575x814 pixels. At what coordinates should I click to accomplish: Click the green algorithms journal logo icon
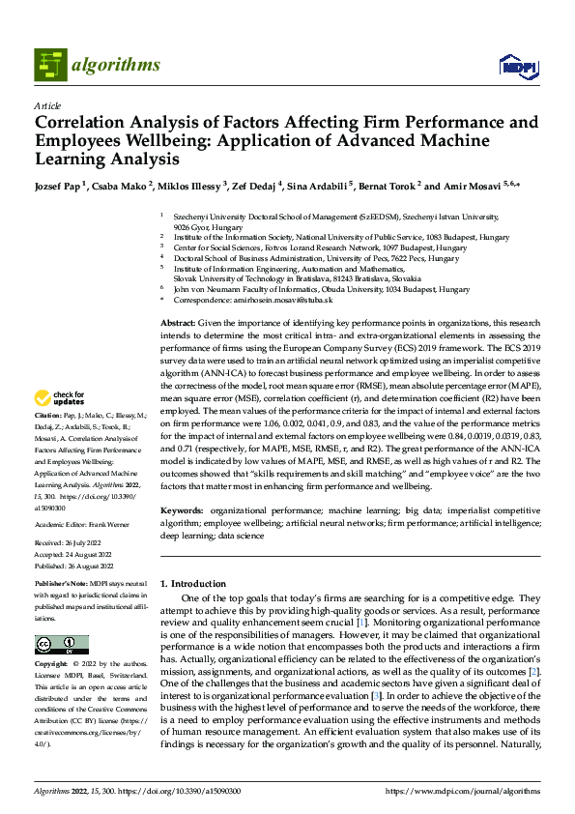click(49, 65)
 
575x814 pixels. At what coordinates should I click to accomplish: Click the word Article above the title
click(47, 105)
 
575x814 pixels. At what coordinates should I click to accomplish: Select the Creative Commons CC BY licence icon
click(61, 645)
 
